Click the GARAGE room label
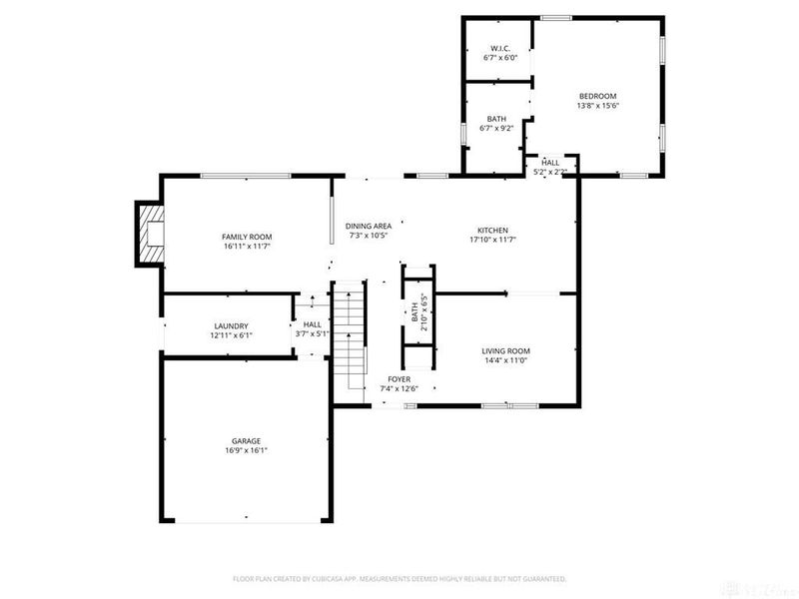(x=247, y=440)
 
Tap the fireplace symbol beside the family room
(x=150, y=234)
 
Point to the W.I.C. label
(x=499, y=49)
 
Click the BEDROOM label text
(x=597, y=96)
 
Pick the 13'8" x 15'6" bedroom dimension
(x=597, y=106)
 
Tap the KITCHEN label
(x=491, y=230)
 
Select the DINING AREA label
(x=369, y=226)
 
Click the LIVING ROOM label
(x=505, y=350)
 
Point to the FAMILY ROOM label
(x=247, y=236)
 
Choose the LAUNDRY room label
(x=230, y=325)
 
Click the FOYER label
(x=399, y=379)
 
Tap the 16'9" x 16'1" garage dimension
(x=247, y=450)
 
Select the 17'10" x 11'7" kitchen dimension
(x=491, y=240)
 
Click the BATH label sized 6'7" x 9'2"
(x=496, y=118)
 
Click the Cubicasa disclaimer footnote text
(x=399, y=578)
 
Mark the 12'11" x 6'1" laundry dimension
(x=230, y=335)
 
